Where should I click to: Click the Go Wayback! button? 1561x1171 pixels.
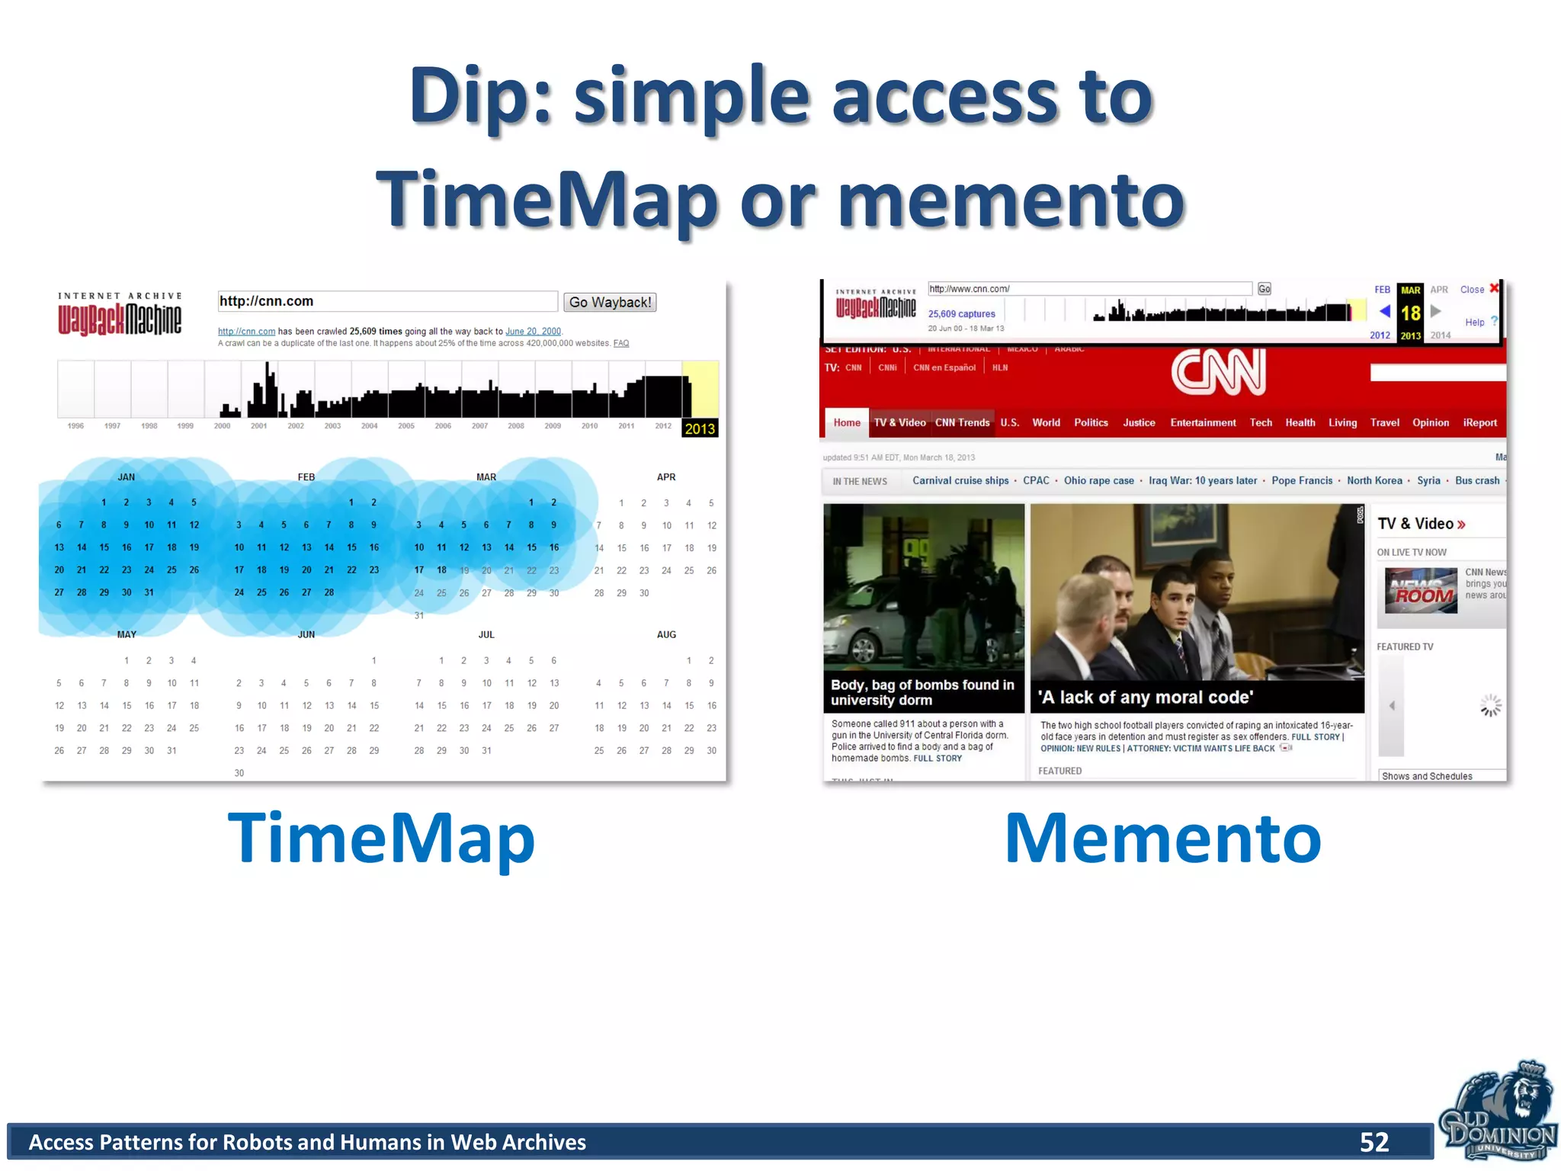[610, 302]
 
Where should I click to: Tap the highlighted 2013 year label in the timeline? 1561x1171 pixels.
[699, 428]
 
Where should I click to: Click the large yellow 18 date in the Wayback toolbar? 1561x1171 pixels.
[1410, 313]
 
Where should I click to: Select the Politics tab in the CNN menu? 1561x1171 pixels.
[1090, 422]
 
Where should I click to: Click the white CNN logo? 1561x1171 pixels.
[1218, 372]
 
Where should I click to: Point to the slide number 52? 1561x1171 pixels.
[1374, 1141]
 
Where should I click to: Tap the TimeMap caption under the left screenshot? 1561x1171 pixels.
[381, 838]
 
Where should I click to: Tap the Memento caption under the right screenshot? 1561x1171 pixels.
[1162, 838]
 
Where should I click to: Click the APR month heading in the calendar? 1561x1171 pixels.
[665, 477]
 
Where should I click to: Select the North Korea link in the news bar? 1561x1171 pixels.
[1373, 480]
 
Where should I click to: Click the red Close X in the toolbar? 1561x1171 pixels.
[1494, 288]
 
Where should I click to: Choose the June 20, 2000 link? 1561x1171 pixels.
[533, 331]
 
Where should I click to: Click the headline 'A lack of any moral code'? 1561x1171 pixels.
[1144, 697]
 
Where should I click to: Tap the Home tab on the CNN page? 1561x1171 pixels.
[846, 422]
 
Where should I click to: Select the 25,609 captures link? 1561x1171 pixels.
[961, 313]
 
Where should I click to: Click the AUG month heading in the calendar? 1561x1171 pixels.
[665, 634]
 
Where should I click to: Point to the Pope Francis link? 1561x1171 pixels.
[1301, 480]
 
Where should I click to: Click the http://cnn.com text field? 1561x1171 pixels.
[387, 301]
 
